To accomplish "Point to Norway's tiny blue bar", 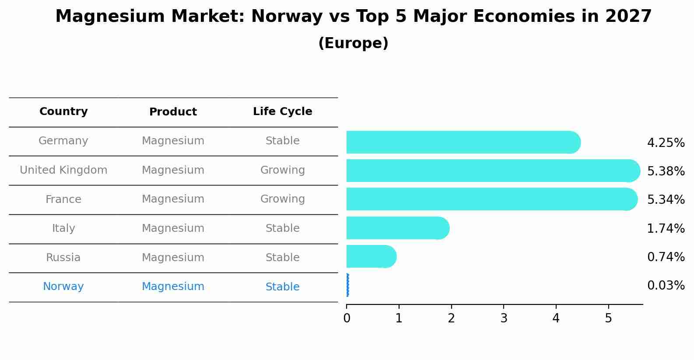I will [347, 285].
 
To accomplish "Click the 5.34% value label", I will [666, 200].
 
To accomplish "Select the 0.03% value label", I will [666, 286].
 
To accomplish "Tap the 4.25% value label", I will [666, 143].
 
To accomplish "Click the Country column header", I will [63, 112].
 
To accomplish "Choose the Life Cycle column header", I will [282, 112].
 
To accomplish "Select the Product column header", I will [173, 112].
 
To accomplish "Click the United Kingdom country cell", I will [63, 170].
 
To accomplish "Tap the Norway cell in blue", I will [63, 287].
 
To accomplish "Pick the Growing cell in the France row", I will [282, 199].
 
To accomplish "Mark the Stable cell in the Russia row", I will [282, 258].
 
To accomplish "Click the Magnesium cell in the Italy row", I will [173, 228].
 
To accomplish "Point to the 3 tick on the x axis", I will [504, 318].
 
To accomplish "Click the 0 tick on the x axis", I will [347, 318].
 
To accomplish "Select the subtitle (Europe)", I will [353, 43].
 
